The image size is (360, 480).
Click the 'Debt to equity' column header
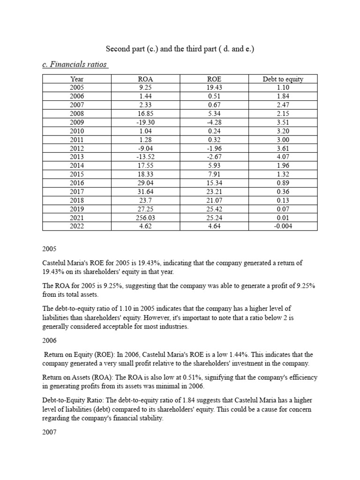tap(283, 79)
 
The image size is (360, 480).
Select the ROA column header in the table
tap(146, 79)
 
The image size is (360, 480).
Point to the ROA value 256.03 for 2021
tap(146, 217)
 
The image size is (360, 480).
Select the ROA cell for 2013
tap(146, 157)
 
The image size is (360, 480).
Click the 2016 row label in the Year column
tap(76, 183)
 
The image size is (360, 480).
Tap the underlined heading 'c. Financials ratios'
tap(75, 64)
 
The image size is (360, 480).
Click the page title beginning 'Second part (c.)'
tap(180, 48)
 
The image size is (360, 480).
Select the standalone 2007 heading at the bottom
tap(49, 432)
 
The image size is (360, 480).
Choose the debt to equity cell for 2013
tap(283, 157)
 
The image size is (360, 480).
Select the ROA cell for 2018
tap(146, 200)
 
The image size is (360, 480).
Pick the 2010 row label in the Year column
tap(76, 131)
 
